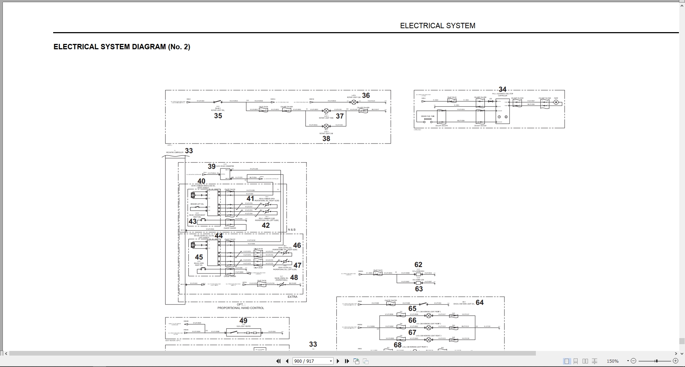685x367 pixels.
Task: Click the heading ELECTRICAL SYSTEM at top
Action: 437,26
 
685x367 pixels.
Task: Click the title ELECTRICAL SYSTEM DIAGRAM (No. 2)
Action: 122,47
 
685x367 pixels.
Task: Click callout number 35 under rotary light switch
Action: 218,116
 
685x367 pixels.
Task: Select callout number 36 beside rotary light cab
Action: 366,95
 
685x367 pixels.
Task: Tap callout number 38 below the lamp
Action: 326,139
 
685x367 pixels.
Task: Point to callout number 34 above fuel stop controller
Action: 502,89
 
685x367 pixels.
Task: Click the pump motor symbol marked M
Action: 555,102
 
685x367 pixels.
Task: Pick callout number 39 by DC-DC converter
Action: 212,166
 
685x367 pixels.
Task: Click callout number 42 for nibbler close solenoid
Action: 266,225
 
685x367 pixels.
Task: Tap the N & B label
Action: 291,230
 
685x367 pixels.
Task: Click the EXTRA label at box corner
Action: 292,297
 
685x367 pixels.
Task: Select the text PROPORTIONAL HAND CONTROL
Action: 241,308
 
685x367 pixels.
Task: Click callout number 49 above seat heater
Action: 243,321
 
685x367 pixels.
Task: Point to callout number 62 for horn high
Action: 418,265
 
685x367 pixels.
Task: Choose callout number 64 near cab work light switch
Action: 479,302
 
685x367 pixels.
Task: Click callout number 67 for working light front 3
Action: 412,332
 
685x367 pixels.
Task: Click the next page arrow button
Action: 338,361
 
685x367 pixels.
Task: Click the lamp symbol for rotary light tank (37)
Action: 326,111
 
